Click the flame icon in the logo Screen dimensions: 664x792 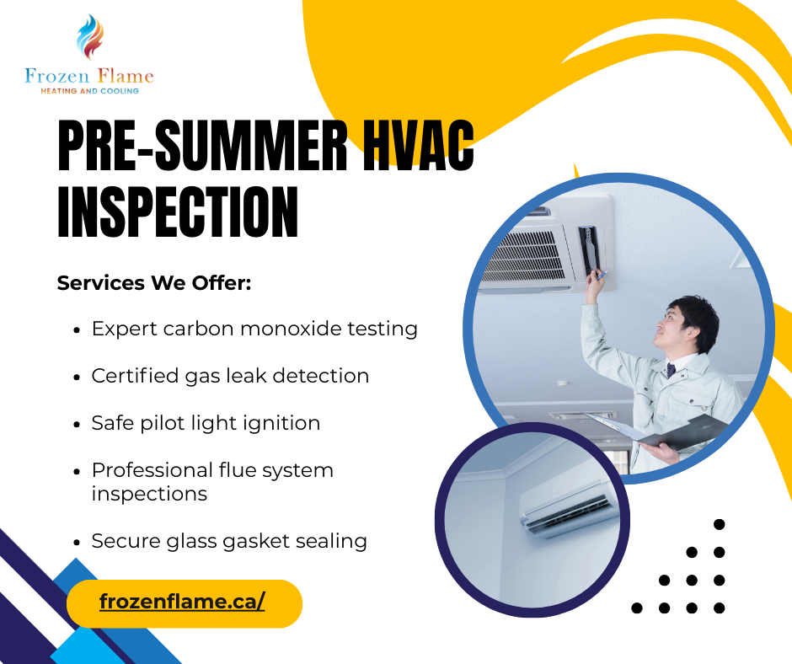click(89, 38)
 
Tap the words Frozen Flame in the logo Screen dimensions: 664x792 click(89, 77)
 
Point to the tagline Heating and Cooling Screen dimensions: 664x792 click(89, 91)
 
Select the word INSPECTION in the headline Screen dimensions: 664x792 click(178, 212)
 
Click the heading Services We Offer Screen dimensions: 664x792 click(154, 283)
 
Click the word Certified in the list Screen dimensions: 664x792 click(136, 376)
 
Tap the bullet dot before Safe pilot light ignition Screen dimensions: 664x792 click(78, 424)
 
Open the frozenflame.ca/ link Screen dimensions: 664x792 click(183, 602)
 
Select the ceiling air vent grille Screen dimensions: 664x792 click(527, 254)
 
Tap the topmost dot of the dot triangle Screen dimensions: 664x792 click(719, 524)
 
